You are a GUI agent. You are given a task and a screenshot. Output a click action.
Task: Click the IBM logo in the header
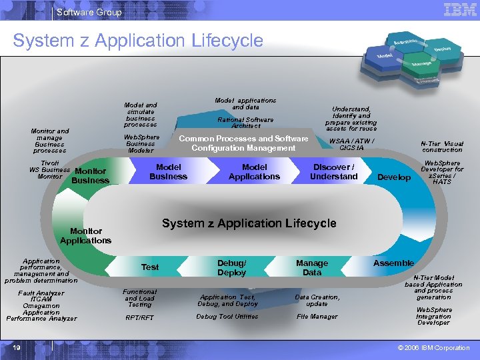coord(459,11)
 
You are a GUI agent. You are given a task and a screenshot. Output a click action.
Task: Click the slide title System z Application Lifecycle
coord(138,41)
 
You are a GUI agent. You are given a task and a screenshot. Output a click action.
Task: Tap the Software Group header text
coord(89,12)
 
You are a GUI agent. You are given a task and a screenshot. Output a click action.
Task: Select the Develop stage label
coord(394,177)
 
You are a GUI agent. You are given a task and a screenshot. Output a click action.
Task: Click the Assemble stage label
coord(393,263)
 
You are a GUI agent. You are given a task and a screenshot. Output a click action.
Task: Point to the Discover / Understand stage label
coord(333,171)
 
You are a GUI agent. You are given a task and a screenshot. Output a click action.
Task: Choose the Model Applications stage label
coord(254,171)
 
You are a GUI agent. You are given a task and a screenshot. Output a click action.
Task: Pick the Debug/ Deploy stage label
coord(231,267)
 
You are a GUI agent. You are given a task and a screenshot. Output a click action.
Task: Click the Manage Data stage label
coord(312,267)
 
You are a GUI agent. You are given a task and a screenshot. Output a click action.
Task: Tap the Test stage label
coord(150,267)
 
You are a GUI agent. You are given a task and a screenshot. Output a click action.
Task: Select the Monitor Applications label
coord(86,235)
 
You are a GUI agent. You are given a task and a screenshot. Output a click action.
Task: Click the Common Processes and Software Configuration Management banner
coord(243,143)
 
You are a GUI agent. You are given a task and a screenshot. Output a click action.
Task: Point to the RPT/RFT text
coord(140,318)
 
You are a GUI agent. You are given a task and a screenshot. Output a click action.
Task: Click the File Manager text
coord(317,317)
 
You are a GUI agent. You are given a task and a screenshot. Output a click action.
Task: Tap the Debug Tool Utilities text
coord(227,317)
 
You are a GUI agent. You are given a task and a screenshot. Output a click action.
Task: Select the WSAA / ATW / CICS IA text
coord(351,144)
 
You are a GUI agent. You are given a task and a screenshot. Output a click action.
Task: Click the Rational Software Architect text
coord(245,123)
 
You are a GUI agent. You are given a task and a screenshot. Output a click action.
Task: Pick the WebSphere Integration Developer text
coord(434,316)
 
